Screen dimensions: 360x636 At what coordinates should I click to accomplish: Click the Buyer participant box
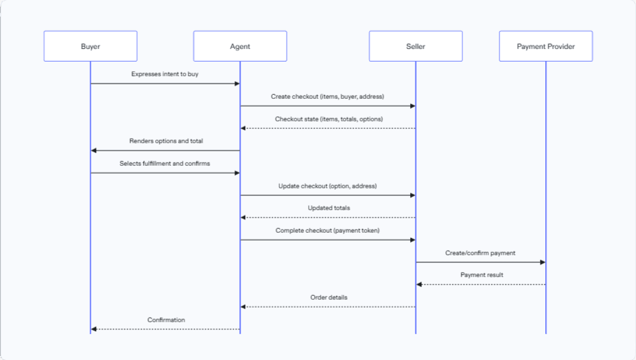click(x=90, y=46)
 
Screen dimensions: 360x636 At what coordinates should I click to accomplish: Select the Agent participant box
click(x=240, y=46)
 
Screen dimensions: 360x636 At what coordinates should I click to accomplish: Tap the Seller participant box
click(x=415, y=46)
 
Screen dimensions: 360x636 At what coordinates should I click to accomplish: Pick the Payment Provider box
click(x=546, y=46)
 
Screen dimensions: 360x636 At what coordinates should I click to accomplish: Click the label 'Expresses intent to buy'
click(x=165, y=74)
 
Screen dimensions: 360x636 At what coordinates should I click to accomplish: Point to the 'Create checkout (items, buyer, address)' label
click(x=327, y=97)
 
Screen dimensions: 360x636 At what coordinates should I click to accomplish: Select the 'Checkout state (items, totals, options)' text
click(x=329, y=119)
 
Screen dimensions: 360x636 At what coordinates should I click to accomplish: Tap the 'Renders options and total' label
click(x=166, y=141)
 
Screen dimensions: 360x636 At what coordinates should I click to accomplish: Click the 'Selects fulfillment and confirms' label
click(x=165, y=164)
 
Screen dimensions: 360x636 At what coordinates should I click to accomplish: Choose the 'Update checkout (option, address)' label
click(x=328, y=186)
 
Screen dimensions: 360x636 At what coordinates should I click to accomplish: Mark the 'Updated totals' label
click(x=329, y=208)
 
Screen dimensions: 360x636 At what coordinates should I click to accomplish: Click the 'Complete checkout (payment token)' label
click(x=327, y=231)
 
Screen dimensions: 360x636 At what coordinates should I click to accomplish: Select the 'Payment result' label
click(x=482, y=275)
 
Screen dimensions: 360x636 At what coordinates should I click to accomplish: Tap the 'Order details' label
click(x=329, y=298)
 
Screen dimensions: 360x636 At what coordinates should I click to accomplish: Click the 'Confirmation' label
click(x=166, y=320)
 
